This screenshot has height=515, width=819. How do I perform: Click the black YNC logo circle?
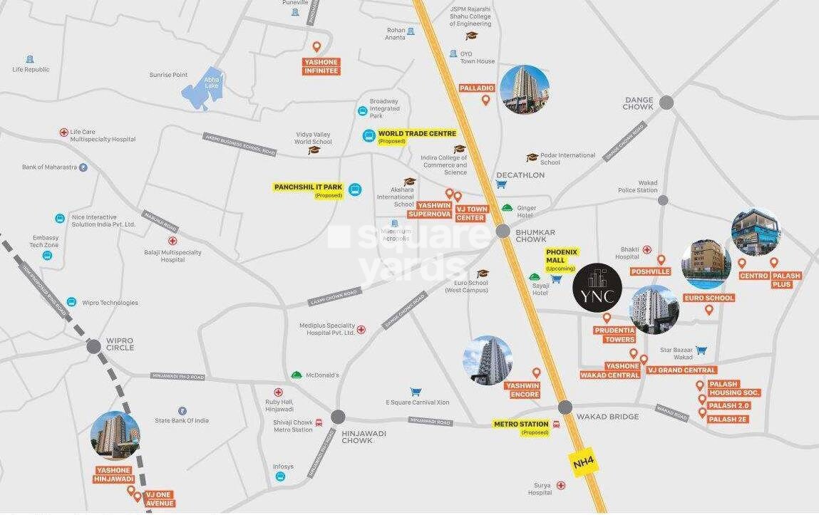598,287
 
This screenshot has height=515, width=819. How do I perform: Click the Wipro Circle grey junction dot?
93,346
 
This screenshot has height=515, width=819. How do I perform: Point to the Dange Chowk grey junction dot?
666,103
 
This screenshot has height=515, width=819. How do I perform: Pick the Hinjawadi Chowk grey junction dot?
338,417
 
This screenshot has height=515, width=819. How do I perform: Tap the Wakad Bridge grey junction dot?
565,407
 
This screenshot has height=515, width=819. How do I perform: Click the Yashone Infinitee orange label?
321,66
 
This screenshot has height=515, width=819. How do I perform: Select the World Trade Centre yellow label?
417,133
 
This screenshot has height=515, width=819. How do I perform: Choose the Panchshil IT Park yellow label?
308,187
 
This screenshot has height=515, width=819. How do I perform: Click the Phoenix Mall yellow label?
562,256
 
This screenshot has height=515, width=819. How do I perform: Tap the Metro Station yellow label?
521,425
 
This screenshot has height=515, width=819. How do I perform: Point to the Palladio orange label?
477,88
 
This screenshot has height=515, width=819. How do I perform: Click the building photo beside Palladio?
525,89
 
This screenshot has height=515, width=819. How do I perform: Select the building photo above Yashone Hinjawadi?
115,435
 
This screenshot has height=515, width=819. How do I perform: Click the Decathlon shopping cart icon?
501,184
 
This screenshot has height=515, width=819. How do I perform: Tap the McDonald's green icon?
297,375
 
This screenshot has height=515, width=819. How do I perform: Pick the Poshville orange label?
650,271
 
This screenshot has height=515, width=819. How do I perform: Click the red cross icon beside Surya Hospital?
561,486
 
